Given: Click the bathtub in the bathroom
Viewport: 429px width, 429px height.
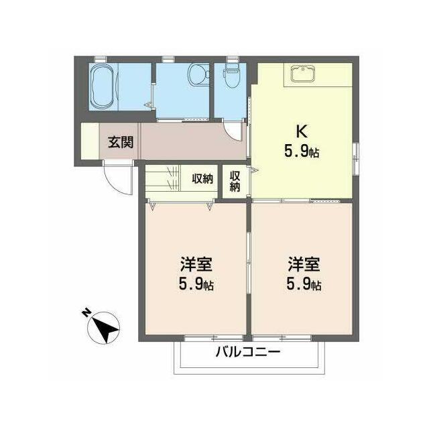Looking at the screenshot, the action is click(101, 87).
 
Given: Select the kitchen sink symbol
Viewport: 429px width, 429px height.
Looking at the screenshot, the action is click(303, 73).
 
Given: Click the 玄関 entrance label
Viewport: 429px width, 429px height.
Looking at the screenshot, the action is click(121, 142).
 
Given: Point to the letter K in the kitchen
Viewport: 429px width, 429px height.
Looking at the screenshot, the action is click(302, 131).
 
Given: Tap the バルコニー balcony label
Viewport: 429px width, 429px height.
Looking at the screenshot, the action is click(248, 352).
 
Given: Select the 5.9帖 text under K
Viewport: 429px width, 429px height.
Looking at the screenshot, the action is click(302, 151).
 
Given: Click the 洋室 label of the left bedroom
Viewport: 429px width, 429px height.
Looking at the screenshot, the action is click(196, 265).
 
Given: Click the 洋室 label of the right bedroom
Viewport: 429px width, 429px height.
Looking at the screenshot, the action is click(304, 265).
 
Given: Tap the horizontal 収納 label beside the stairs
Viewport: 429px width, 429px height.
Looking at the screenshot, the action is click(202, 179).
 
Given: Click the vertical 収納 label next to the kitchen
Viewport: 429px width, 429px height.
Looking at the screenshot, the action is click(235, 181).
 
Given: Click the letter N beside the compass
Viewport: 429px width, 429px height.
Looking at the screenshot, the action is click(87, 313).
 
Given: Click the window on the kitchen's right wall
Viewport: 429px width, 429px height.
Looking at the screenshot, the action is click(355, 158).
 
